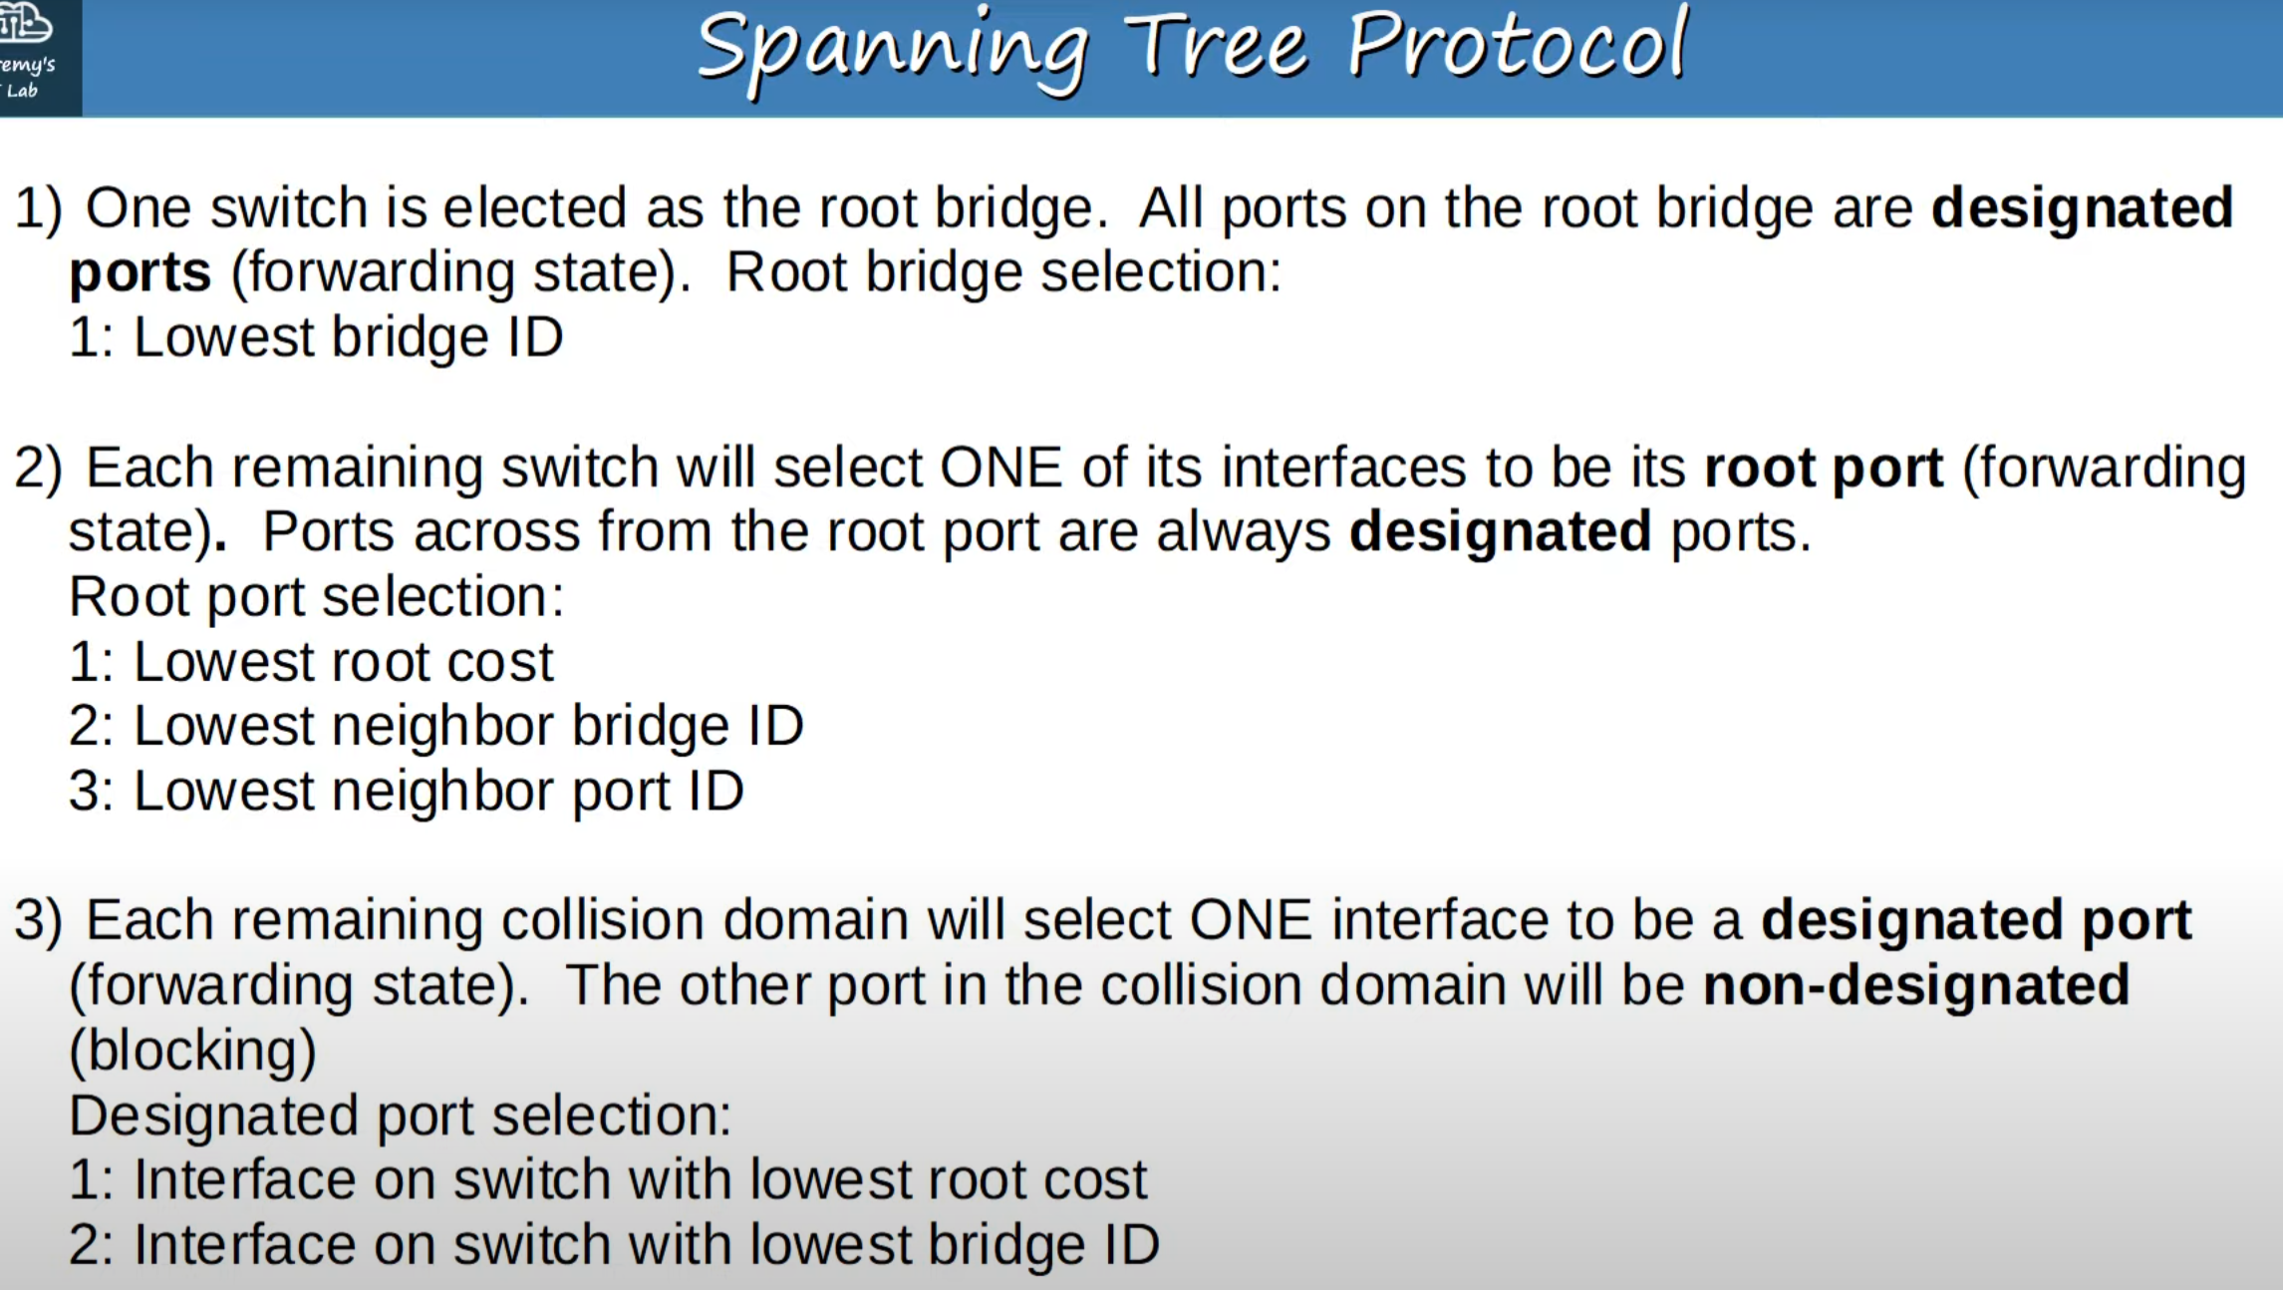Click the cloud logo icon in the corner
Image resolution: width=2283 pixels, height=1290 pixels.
click(24, 22)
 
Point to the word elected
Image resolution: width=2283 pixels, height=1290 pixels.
click(534, 207)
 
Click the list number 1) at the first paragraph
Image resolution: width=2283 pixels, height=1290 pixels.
click(38, 208)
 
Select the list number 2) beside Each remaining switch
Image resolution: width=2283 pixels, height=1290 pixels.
click(38, 468)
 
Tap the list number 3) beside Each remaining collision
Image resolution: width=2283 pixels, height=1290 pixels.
click(38, 919)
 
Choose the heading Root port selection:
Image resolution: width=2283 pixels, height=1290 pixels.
click(316, 596)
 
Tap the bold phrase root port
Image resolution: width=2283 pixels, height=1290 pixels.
click(1824, 469)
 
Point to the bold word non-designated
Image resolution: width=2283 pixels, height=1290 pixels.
click(1916, 985)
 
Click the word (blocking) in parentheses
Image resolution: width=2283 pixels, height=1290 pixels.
click(192, 1051)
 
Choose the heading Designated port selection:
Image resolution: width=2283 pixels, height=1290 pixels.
click(400, 1115)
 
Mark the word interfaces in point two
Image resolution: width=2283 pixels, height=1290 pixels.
click(1344, 468)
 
